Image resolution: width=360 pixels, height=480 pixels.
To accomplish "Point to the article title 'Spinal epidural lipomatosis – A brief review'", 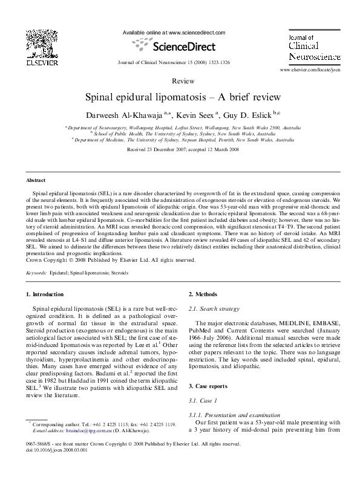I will click(180, 97).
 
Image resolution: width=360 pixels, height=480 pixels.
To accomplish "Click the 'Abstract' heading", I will click(36, 180).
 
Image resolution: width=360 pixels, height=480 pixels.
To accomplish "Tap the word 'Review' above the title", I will click(179, 80).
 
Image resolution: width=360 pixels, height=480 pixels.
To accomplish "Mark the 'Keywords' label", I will click(36, 273).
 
